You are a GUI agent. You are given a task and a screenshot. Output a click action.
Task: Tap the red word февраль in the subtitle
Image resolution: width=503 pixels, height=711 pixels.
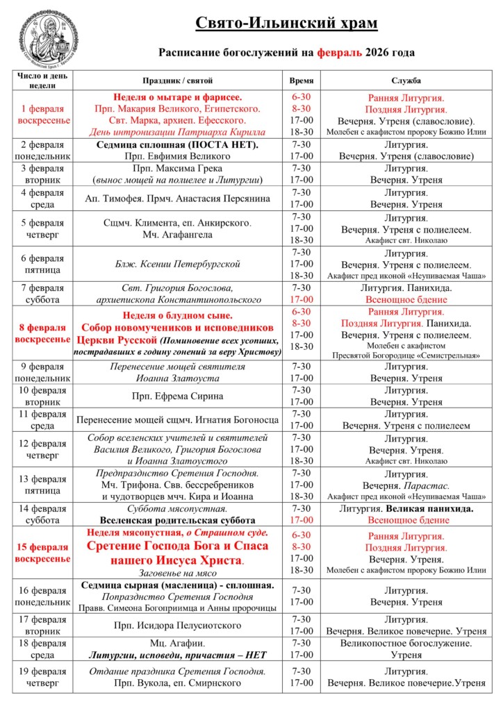[x=340, y=51]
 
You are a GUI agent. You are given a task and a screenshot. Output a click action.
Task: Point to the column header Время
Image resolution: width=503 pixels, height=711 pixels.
[x=301, y=81]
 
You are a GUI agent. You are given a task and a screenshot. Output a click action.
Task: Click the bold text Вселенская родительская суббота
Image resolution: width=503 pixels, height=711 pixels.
[x=178, y=520]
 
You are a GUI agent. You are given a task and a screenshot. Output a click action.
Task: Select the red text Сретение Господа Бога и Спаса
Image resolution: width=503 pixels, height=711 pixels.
[x=178, y=546]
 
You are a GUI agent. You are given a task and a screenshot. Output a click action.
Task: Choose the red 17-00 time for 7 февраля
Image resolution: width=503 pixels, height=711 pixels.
[x=302, y=299]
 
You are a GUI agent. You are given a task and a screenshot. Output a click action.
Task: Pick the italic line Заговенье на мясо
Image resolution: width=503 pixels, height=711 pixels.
[x=178, y=573]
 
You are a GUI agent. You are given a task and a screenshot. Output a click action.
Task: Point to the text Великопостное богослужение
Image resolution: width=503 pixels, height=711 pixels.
[x=406, y=643]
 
